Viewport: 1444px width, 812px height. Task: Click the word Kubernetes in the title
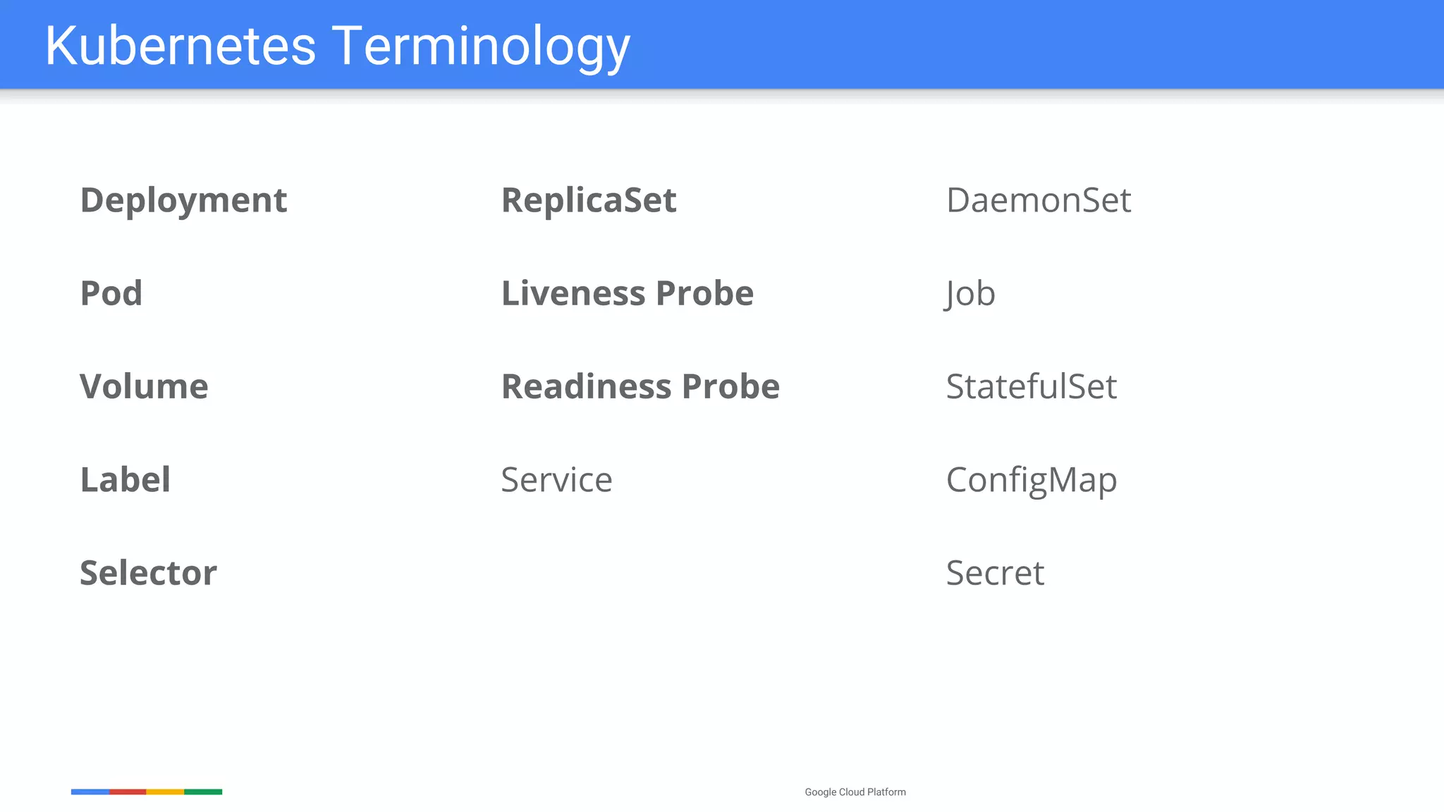click(x=180, y=47)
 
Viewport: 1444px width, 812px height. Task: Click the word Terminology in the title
click(x=481, y=47)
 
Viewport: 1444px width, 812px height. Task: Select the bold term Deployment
click(x=183, y=201)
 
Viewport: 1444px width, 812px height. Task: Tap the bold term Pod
click(x=111, y=293)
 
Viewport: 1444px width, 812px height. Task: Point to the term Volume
click(x=144, y=387)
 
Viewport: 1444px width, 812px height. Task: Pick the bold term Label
click(x=126, y=480)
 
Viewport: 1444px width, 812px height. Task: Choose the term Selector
click(x=148, y=573)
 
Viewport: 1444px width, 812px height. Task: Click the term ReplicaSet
click(x=589, y=201)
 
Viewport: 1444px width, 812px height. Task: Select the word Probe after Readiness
click(x=730, y=387)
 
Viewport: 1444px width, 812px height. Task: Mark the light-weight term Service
click(x=556, y=480)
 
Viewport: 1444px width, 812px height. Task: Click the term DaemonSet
click(x=1039, y=201)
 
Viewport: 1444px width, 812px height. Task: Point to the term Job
click(x=970, y=294)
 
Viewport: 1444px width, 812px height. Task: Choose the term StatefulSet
click(x=1032, y=387)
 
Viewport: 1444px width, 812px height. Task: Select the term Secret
click(x=995, y=573)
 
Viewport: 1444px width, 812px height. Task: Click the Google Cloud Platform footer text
click(x=855, y=792)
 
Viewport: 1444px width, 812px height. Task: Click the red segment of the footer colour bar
click(x=128, y=792)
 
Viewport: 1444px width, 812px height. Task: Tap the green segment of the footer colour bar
click(x=203, y=792)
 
